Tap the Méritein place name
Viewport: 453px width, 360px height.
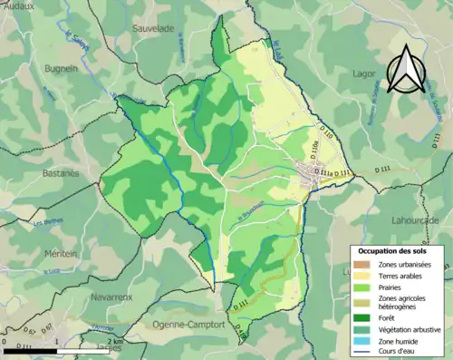coord(32,257)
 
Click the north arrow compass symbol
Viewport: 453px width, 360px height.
coord(405,68)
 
